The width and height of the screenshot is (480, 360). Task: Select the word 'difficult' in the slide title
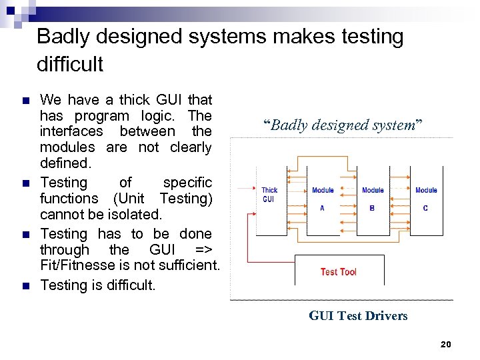click(x=70, y=65)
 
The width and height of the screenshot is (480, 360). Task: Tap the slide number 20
click(x=446, y=344)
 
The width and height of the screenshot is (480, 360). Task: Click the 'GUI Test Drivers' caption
click(x=358, y=316)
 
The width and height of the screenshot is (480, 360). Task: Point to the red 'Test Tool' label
click(x=338, y=272)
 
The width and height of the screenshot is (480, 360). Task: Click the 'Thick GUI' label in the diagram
click(x=269, y=195)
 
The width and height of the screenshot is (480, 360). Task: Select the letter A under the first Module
click(x=322, y=208)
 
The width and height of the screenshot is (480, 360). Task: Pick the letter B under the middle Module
click(x=372, y=208)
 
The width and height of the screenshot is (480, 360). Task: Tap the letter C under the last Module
click(x=425, y=208)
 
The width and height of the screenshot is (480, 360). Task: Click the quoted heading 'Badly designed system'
click(x=343, y=125)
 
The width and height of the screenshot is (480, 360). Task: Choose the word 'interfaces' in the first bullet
click(x=73, y=131)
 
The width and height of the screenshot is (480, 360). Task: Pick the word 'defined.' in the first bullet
click(x=65, y=163)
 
